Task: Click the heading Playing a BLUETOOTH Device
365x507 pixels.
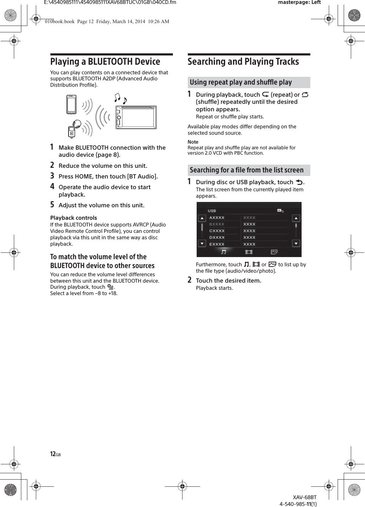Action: pyautogui.click(x=105, y=62)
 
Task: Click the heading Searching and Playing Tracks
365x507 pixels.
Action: pyautogui.click(x=243, y=62)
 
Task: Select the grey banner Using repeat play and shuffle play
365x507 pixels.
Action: pyautogui.click(x=249, y=82)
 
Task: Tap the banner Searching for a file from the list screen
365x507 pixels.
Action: pyautogui.click(x=249, y=170)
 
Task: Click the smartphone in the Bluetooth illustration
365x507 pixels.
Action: pyautogui.click(x=71, y=105)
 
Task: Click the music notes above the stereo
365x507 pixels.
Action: pyautogui.click(x=120, y=98)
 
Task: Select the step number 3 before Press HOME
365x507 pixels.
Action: pyautogui.click(x=52, y=176)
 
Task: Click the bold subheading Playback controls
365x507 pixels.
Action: pyautogui.click(x=73, y=218)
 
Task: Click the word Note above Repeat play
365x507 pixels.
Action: pyautogui.click(x=193, y=142)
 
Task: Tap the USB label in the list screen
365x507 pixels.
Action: pyautogui.click(x=212, y=211)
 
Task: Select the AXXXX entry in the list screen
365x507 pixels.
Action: pyautogui.click(x=217, y=218)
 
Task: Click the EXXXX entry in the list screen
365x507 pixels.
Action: pyautogui.click(x=217, y=244)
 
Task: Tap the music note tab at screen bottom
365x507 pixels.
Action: pyautogui.click(x=223, y=252)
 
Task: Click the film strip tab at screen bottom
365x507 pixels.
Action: pyautogui.click(x=249, y=252)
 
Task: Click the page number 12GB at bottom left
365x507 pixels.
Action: pyautogui.click(x=55, y=454)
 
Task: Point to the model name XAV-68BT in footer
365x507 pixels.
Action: pyautogui.click(x=305, y=497)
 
